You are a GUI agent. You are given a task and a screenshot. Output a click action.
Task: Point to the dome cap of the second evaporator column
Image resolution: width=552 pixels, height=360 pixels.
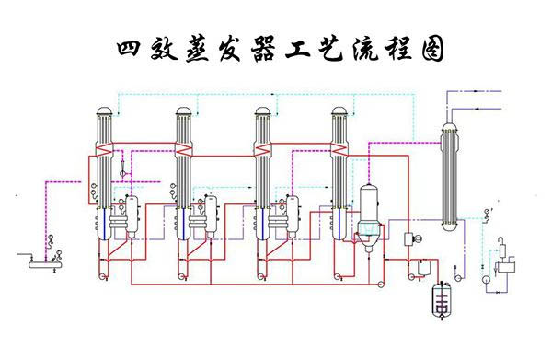pyautogui.click(x=184, y=112)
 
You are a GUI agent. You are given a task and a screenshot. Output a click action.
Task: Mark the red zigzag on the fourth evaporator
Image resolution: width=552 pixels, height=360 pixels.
pyautogui.click(x=340, y=149)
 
